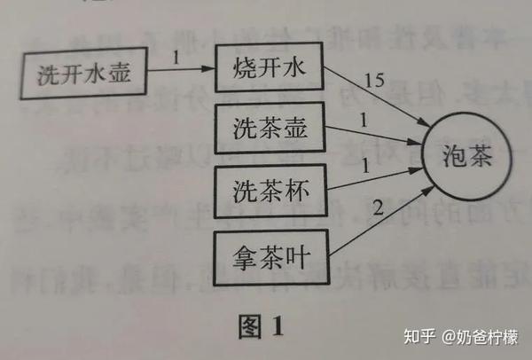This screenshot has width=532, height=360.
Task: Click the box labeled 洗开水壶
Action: (84, 74)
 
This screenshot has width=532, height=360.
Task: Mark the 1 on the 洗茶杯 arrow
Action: (364, 163)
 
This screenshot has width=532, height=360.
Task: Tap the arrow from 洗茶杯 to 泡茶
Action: (372, 177)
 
